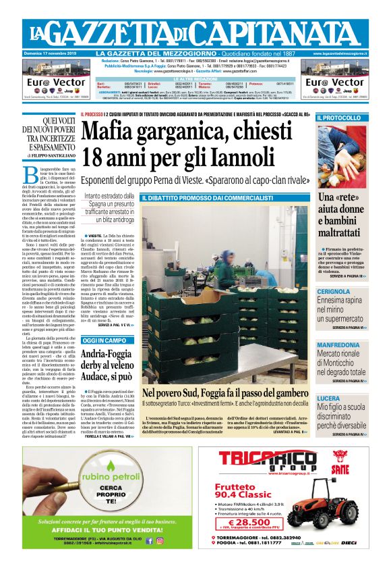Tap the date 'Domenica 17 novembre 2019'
click(x=51, y=53)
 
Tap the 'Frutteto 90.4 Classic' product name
click(x=249, y=489)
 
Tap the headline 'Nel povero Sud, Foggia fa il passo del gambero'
click(x=225, y=392)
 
